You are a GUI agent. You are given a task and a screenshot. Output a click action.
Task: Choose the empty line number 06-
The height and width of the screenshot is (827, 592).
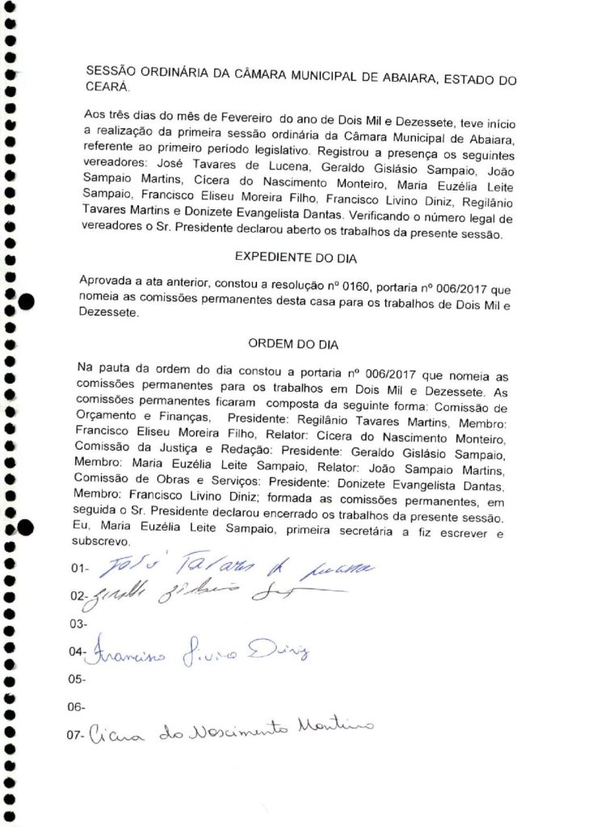pyautogui.click(x=78, y=708)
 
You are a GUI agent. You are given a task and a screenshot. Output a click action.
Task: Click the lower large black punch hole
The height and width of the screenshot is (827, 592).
pyautogui.click(x=27, y=529)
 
